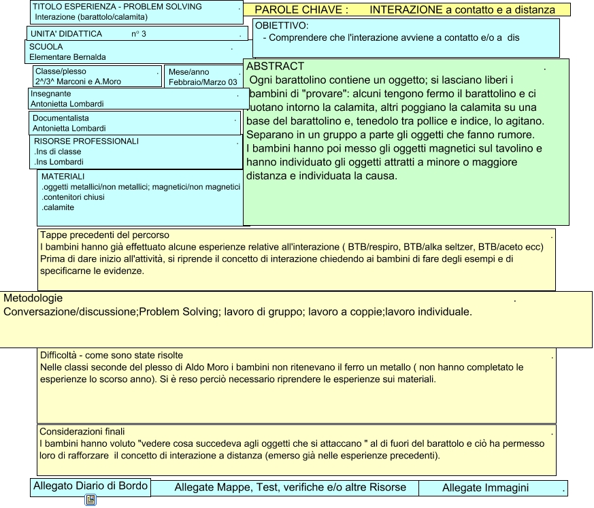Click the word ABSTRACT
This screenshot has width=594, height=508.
(275, 67)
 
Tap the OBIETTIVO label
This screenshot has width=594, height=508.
(282, 26)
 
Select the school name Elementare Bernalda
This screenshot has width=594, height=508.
(67, 57)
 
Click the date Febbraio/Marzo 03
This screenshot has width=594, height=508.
(203, 82)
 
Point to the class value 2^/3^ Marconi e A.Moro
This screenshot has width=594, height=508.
(78, 82)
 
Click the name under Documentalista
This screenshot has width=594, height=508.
(69, 128)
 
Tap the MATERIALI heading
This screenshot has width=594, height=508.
(63, 176)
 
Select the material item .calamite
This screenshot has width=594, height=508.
(58, 207)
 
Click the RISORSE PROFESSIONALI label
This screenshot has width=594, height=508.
(86, 141)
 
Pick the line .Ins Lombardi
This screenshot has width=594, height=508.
(59, 162)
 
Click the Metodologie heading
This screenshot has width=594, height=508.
(33, 299)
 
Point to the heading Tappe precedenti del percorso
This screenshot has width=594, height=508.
(105, 235)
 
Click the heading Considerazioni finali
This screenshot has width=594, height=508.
(82, 431)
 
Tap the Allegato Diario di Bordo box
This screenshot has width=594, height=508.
(90, 486)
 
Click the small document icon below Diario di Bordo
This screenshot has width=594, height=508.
(90, 501)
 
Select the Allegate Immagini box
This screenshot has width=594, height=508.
(485, 488)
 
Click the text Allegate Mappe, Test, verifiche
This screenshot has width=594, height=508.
(290, 488)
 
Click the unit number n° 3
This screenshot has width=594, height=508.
(139, 33)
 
